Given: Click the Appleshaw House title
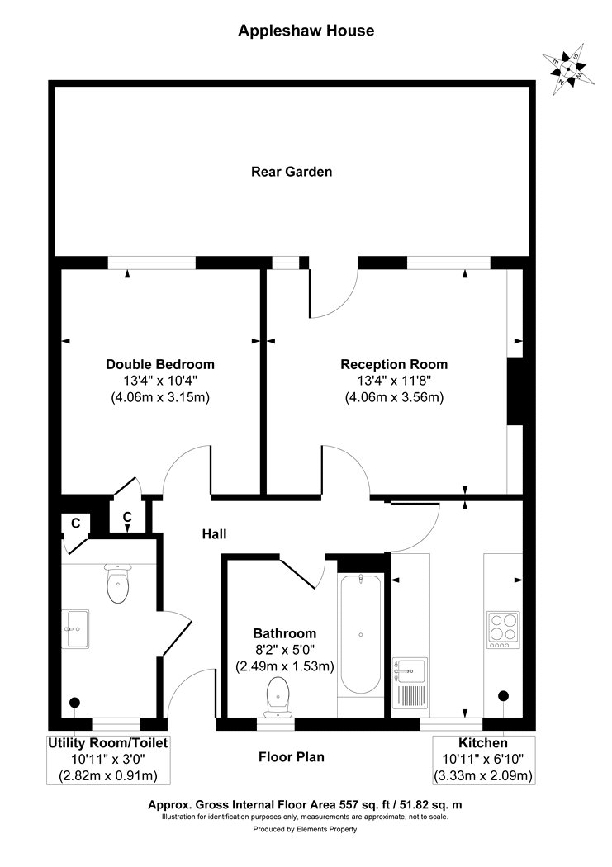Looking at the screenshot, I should click(x=306, y=31).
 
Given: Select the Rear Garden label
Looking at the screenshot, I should click(x=292, y=172).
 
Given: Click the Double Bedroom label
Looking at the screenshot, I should click(x=160, y=364).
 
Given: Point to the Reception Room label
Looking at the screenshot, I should click(x=394, y=364).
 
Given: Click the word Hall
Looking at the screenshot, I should click(x=215, y=534).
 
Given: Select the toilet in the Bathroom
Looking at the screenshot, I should click(x=276, y=696).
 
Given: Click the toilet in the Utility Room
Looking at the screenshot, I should click(x=117, y=585).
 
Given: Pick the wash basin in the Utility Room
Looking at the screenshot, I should click(x=77, y=630).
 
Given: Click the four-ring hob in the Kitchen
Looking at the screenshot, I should click(x=504, y=626).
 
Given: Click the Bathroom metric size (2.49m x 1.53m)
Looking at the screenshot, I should click(x=285, y=666).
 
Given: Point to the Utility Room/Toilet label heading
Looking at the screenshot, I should click(x=108, y=743).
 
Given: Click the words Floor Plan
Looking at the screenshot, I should click(x=291, y=756).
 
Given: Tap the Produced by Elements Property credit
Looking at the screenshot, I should click(x=306, y=830).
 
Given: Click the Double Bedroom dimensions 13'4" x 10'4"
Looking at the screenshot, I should click(x=160, y=381).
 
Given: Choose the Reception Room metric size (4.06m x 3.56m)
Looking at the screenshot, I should click(x=394, y=397).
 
